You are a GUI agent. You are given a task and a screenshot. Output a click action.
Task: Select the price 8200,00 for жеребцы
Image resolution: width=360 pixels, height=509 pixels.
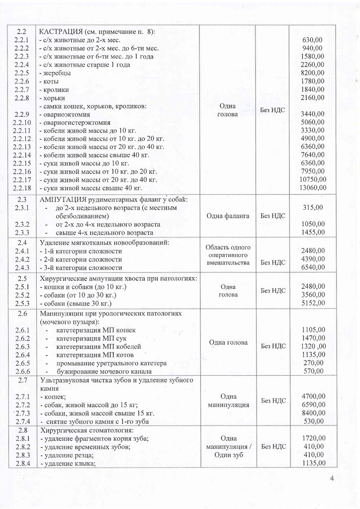click(x=313, y=73)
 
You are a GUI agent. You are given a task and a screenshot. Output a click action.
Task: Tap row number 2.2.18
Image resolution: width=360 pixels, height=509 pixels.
click(x=23, y=187)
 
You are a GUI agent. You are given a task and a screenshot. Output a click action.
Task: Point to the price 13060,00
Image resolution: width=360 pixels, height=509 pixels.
click(x=312, y=187)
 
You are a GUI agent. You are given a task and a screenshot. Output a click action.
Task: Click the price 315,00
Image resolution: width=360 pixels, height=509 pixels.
click(x=313, y=207)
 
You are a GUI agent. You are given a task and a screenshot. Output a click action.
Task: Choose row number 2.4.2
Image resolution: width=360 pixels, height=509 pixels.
click(x=23, y=259)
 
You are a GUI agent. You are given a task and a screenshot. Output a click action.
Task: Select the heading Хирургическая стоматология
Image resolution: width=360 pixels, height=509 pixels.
click(x=87, y=430)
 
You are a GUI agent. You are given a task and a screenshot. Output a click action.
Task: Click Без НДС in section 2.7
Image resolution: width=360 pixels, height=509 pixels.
click(x=272, y=400)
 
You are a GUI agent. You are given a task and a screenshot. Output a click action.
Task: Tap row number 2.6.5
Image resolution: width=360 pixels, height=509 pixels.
click(x=23, y=363)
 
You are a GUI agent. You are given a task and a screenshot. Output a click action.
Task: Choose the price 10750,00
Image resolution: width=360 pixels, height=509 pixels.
click(x=312, y=179)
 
